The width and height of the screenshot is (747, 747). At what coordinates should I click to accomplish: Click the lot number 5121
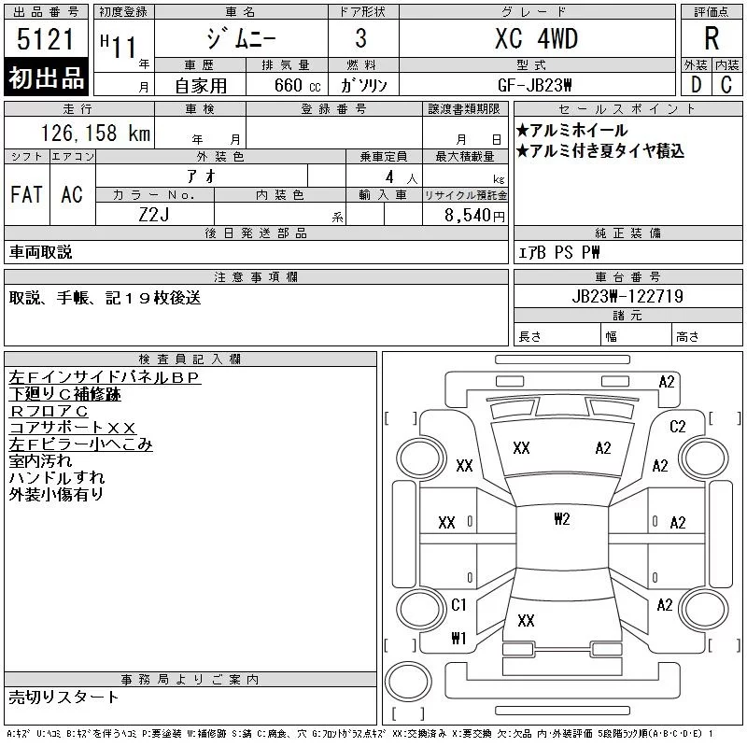[47, 41]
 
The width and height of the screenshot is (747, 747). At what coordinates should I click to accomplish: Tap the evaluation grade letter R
[712, 40]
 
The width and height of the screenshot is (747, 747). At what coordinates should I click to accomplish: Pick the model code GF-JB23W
[535, 84]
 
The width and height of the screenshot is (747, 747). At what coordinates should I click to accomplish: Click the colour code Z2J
[155, 215]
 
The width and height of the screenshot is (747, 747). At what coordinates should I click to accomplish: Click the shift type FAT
[26, 194]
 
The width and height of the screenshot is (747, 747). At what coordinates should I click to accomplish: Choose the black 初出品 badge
[47, 78]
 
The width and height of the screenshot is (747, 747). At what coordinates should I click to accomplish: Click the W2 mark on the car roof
[561, 519]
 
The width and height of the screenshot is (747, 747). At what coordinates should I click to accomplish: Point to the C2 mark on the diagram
[678, 426]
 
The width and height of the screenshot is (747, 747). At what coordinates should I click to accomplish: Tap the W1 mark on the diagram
[458, 639]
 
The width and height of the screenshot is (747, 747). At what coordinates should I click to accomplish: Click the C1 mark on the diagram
[458, 605]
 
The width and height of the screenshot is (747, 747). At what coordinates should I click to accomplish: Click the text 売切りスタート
[64, 697]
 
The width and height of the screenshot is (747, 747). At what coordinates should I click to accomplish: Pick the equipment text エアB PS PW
[558, 252]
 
